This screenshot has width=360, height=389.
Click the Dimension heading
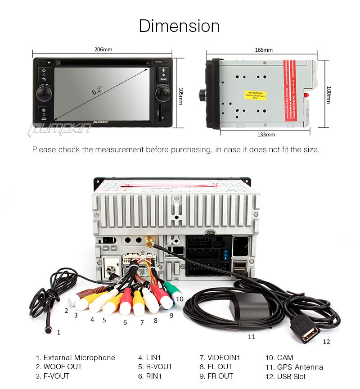[179, 26]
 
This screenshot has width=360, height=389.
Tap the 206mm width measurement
[103, 50]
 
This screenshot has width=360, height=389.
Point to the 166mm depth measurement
[264, 50]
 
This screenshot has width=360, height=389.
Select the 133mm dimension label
[266, 135]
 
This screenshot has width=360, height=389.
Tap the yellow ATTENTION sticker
[256, 94]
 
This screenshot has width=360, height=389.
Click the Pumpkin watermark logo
[60, 128]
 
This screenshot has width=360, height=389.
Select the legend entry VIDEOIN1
[220, 358]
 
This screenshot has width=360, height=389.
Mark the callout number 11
[252, 336]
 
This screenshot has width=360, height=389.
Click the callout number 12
[326, 342]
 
